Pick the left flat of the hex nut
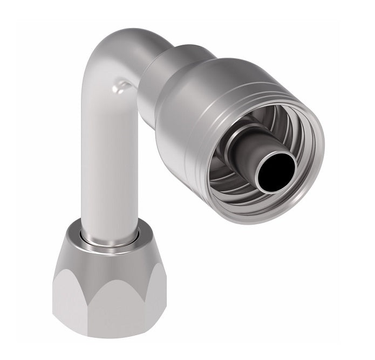[62, 291]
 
